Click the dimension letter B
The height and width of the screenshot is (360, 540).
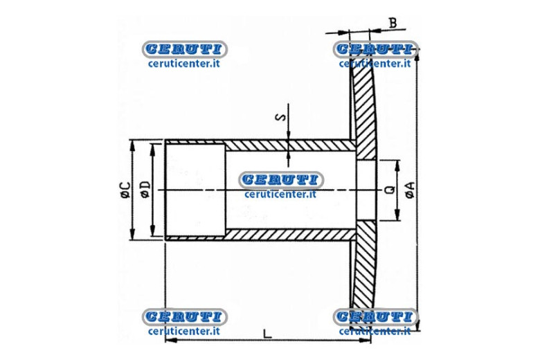coord(393,23)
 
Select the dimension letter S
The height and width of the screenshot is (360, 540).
coord(281,117)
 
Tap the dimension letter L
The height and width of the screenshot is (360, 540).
coord(267,334)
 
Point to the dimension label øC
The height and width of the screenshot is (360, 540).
coord(125,190)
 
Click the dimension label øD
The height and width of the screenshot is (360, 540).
coord(145,190)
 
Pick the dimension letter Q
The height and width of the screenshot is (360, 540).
coord(390,190)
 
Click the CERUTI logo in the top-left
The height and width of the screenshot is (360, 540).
coord(184,49)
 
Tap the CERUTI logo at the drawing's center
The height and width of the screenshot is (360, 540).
coord(280,180)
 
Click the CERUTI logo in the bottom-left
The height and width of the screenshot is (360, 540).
coord(184,316)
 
